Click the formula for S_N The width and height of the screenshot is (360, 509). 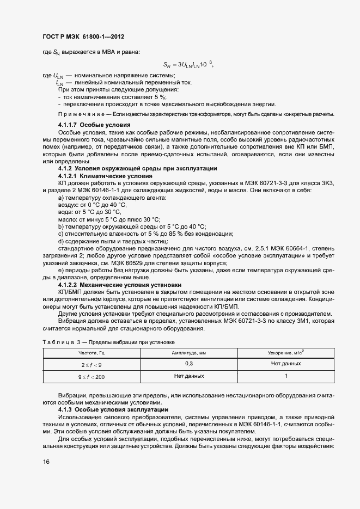pos(188,64)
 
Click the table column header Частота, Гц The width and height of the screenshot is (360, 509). pos(91,353)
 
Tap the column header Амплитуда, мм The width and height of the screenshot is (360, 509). pos(189,353)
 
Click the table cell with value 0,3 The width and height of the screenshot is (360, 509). pos(189,363)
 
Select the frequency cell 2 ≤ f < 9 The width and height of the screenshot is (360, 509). pos(91,364)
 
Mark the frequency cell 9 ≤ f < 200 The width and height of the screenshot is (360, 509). pos(91,377)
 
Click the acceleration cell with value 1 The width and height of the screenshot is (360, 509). pos(286,376)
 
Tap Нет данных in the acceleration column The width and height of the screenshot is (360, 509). pos(286,363)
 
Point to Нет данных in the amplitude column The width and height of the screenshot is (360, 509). pos(189,376)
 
